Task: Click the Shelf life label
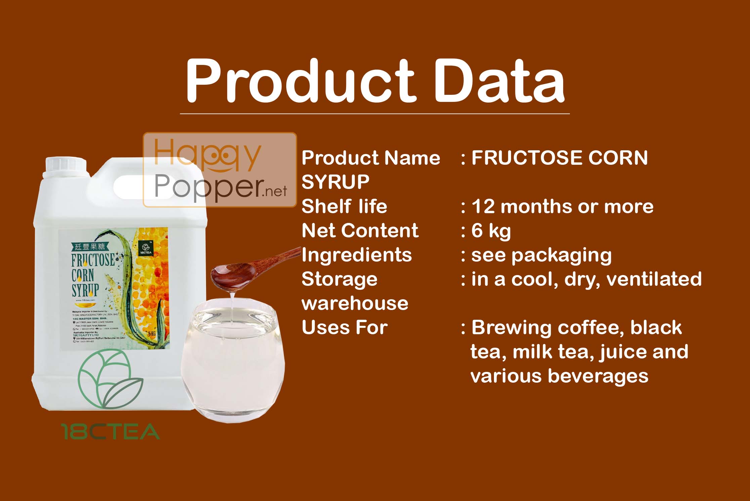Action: pos(344,206)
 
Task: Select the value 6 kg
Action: pos(491,231)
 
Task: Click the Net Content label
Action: pos(360,231)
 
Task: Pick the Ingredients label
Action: pos(357,255)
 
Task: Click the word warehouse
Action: pos(355,303)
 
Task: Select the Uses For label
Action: pos(345,327)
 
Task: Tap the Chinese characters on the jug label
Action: pos(89,246)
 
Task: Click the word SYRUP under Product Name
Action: pos(335,182)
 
